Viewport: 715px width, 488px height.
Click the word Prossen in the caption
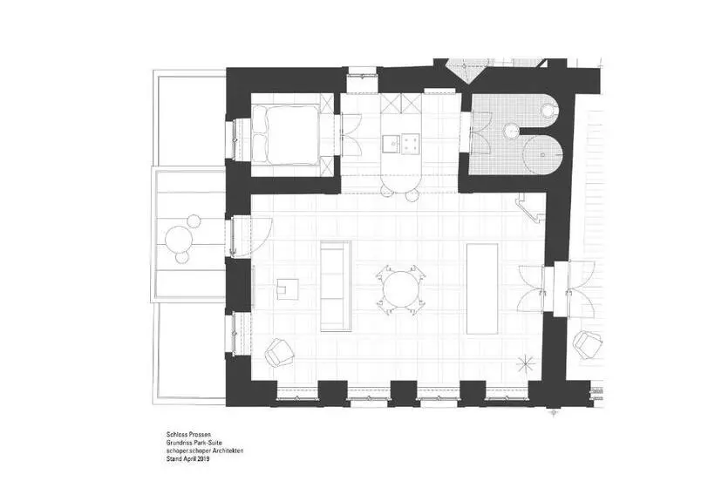coord(201,434)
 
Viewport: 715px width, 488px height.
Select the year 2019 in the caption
coord(203,459)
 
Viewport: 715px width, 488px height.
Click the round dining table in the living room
coord(401,290)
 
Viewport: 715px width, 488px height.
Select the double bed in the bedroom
coord(285,134)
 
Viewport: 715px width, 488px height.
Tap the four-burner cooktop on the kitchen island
coord(411,143)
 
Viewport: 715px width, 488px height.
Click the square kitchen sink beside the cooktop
coord(392,143)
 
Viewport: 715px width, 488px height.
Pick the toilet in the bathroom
coord(549,110)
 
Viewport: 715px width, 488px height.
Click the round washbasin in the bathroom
coord(513,131)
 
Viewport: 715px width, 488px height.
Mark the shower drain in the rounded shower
coord(542,155)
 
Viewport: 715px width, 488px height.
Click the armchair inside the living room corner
coord(279,352)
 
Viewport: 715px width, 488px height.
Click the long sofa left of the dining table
coord(336,286)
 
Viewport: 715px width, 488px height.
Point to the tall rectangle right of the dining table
coord(482,289)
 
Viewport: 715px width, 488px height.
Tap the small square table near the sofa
coord(287,289)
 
